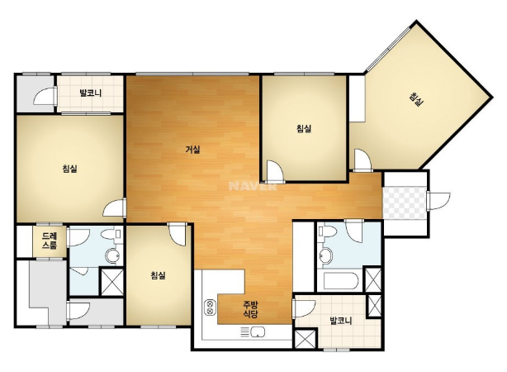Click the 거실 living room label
pyautogui.click(x=192, y=150)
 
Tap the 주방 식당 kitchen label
pyautogui.click(x=250, y=309)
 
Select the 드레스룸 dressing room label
pyautogui.click(x=50, y=241)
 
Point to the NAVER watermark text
pyautogui.click(x=253, y=186)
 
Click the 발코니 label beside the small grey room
pyautogui.click(x=91, y=93)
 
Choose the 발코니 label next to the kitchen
pyautogui.click(x=340, y=321)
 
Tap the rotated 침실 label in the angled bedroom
pyautogui.click(x=416, y=99)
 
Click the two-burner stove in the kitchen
pyautogui.click(x=211, y=308)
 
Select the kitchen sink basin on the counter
pyautogui.click(x=258, y=331)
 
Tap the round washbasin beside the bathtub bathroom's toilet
pyautogui.click(x=325, y=255)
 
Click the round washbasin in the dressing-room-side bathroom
pyautogui.click(x=113, y=256)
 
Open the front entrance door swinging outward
pyautogui.click(x=438, y=201)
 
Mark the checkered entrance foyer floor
pyautogui.click(x=404, y=203)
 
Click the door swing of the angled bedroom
pyautogui.click(x=362, y=160)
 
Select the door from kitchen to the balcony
pyautogui.click(x=303, y=308)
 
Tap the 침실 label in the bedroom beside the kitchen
pyautogui.click(x=158, y=275)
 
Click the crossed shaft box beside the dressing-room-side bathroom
pyautogui.click(x=111, y=281)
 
